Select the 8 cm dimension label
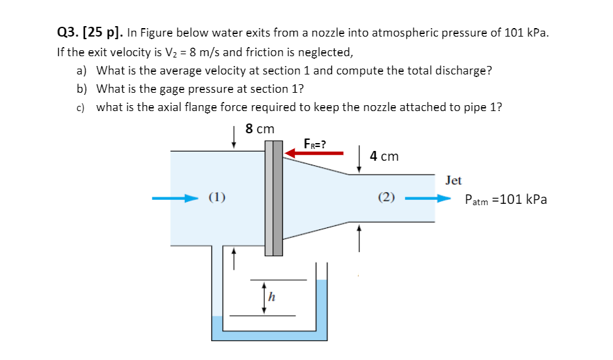[260, 129]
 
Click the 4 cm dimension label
[384, 156]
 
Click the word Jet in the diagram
[453, 180]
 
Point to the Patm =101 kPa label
[505, 200]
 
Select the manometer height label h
[272, 298]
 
